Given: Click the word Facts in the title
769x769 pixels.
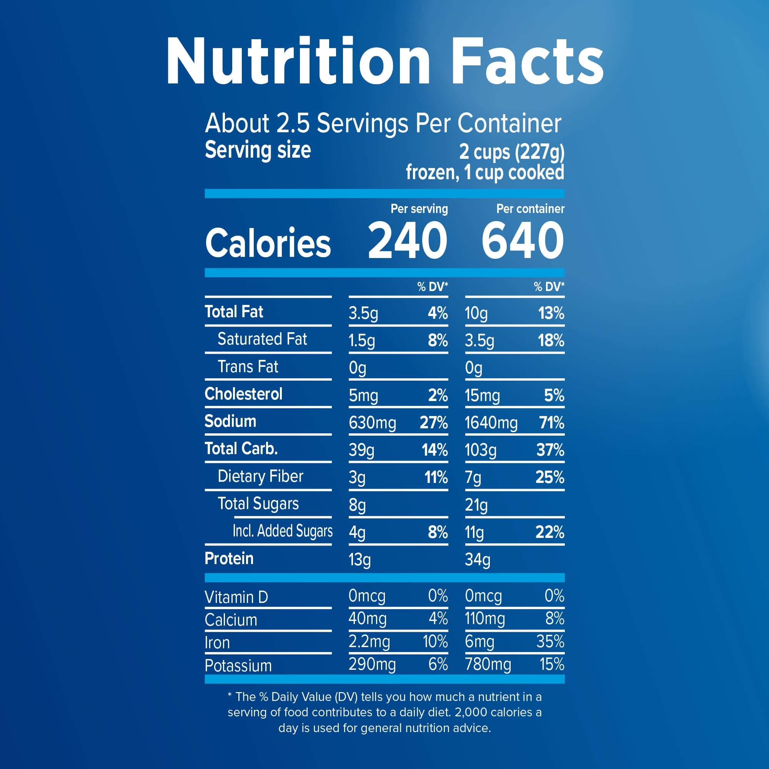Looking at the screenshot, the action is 527,60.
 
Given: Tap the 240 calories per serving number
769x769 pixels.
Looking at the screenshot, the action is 408,240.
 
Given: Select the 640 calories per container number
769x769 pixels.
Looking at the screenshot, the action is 523,240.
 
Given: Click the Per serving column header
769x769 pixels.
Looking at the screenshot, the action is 419,209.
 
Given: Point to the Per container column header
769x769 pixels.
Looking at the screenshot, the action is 530,208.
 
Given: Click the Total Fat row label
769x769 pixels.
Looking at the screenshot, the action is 234,312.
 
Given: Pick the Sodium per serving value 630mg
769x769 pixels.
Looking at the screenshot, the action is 372,423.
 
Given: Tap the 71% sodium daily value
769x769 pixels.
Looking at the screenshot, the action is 552,422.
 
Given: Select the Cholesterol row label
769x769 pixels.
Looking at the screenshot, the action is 243,394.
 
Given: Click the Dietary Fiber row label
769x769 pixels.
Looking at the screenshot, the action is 260,476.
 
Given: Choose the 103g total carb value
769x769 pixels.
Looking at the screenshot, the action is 480,450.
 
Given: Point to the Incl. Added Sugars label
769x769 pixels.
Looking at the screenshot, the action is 283,531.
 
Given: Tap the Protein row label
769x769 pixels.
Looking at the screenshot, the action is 229,558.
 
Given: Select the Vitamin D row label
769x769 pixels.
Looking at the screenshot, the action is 236,597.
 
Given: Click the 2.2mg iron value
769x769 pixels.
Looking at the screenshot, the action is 369,642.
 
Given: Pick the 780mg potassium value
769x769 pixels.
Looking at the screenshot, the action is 488,664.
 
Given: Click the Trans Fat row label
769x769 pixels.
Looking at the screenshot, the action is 248,366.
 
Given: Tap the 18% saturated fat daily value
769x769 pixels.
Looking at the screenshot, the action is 551,340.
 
